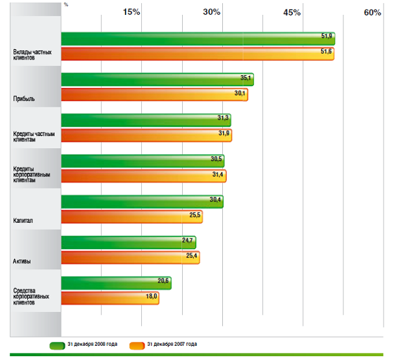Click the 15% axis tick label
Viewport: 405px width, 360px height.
[132, 13]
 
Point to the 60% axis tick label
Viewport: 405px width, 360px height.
[372, 13]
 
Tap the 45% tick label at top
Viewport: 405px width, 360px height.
[292, 13]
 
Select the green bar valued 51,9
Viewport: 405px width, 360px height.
[198, 39]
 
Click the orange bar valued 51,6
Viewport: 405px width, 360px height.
[198, 54]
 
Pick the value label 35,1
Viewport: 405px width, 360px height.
[246, 78]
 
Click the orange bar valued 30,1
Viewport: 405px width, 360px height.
[154, 95]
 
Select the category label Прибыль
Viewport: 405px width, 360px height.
[24, 100]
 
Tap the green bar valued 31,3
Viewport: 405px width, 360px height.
[146, 120]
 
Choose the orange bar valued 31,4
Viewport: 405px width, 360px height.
[144, 175]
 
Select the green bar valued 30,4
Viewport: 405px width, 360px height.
[142, 201]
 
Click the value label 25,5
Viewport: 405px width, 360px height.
[195, 214]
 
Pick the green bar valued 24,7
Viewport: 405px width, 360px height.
[128, 242]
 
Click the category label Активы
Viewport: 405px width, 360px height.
[23, 262]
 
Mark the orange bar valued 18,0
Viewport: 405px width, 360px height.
[110, 298]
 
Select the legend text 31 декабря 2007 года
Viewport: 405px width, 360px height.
[171, 344]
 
